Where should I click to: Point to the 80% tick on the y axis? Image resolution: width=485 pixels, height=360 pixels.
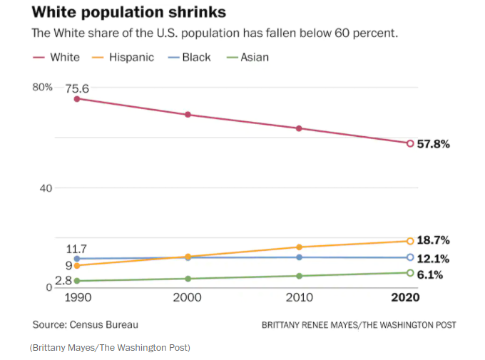tap(42, 87)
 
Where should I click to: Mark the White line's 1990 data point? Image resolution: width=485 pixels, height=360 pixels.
tap(76, 98)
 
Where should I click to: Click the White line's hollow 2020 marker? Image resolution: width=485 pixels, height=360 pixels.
tap(410, 143)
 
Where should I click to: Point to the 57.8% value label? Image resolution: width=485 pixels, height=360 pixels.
tap(433, 144)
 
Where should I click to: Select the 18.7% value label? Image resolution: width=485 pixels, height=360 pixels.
tap(433, 241)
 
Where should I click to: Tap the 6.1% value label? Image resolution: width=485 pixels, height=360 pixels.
tap(430, 274)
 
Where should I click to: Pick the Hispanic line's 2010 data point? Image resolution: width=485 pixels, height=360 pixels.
tap(299, 247)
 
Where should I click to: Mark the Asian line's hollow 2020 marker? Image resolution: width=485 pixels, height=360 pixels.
tap(410, 273)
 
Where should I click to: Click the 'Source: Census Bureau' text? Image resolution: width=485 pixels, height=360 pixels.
tap(85, 324)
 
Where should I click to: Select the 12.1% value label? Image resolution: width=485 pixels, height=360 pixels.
tap(433, 258)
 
